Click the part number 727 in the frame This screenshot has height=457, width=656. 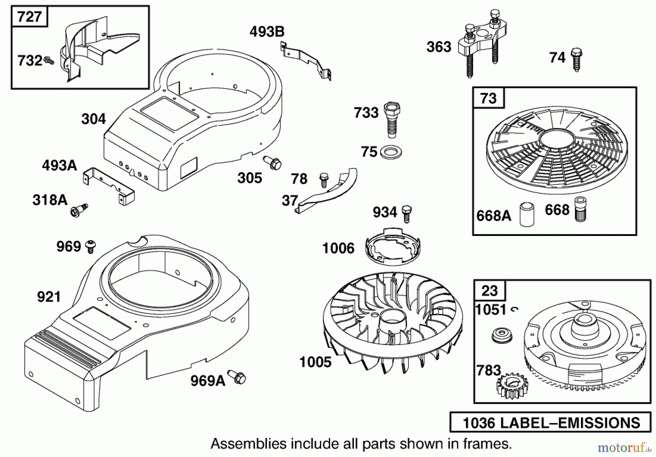click(30, 17)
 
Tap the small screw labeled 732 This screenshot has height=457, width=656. click(49, 61)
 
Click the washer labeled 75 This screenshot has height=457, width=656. click(391, 152)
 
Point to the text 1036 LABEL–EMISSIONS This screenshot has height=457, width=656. click(551, 423)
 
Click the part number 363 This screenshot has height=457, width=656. click(439, 47)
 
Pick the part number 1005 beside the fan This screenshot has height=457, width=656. click(315, 362)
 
